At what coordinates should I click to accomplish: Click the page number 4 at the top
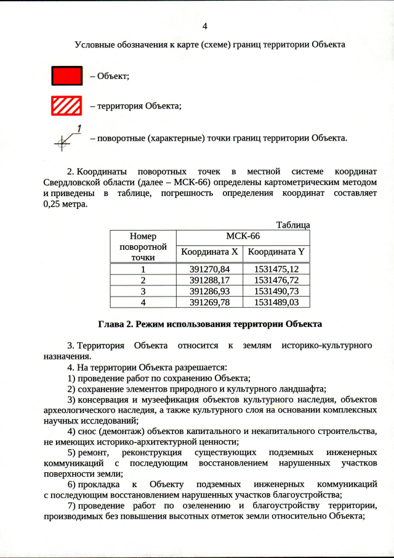[204, 25]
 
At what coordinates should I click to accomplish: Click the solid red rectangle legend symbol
[66, 75]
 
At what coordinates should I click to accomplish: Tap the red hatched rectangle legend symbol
[66, 106]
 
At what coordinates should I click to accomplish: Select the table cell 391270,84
[210, 269]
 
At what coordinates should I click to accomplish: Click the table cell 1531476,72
[276, 280]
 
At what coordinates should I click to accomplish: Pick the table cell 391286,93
[210, 291]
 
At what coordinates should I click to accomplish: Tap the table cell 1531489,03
[276, 302]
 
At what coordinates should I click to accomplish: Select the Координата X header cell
[210, 252]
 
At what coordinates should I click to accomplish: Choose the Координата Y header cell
[276, 252]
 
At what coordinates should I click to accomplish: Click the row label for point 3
[143, 291]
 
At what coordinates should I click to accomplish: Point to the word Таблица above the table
[293, 225]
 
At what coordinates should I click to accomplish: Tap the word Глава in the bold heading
[112, 324]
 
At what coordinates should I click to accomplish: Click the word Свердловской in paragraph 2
[71, 182]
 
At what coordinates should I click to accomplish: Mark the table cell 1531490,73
[276, 291]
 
